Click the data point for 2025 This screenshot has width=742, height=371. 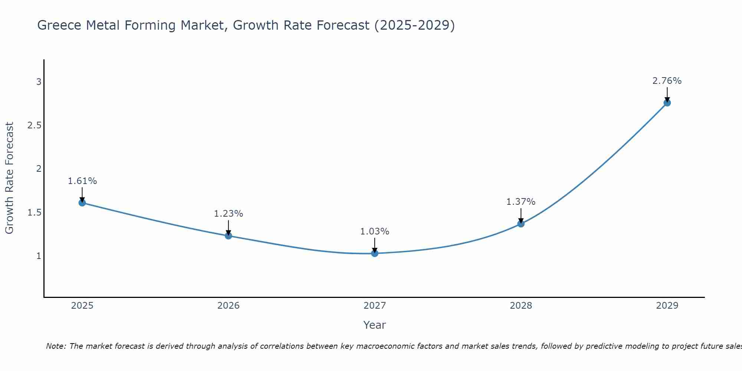click(82, 203)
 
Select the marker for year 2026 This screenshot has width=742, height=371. click(228, 236)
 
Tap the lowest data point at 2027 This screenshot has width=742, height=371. click(374, 253)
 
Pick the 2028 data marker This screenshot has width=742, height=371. click(521, 224)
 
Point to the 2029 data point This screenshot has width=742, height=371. click(667, 103)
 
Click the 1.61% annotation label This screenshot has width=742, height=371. click(82, 181)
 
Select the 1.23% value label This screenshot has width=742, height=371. click(228, 214)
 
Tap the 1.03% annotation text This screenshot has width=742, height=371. click(374, 232)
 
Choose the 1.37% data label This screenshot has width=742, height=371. click(521, 202)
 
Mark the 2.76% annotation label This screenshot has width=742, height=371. click(667, 81)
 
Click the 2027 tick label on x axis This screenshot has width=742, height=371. click(374, 306)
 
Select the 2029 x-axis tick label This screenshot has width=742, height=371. click(667, 306)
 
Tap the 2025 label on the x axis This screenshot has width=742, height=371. click(82, 306)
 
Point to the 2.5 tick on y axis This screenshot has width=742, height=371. click(34, 125)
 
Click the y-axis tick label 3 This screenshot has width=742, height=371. click(39, 82)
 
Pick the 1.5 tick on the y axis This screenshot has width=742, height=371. click(34, 213)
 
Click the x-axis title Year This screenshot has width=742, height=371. click(374, 325)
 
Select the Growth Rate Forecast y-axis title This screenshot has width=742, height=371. click(10, 178)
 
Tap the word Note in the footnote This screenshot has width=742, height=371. click(56, 346)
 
